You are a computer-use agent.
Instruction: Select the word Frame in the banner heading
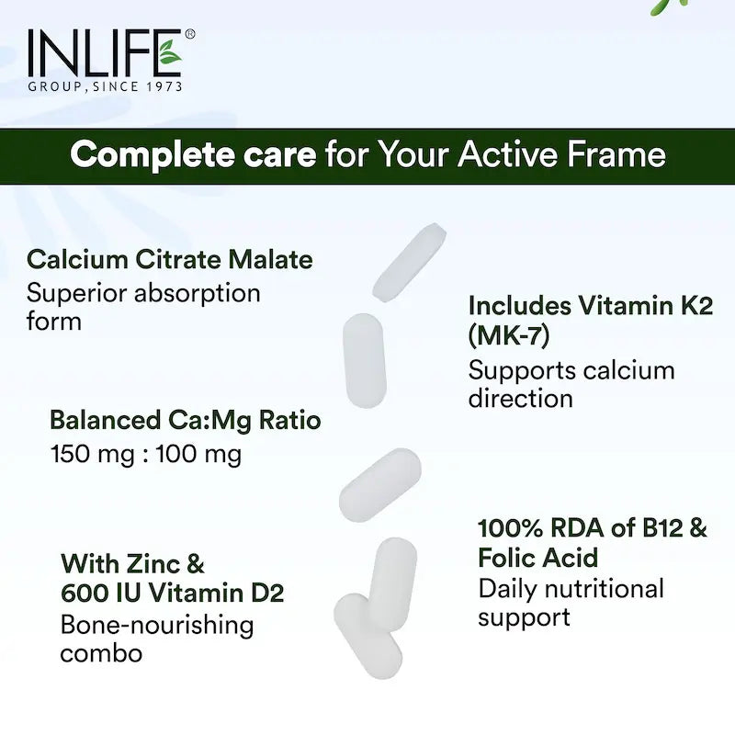point(619,153)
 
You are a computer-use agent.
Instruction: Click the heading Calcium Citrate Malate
point(170,259)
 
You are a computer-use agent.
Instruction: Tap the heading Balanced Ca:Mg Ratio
point(185,420)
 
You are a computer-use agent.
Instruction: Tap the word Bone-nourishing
point(156,626)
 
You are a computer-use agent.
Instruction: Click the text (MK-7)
point(509,335)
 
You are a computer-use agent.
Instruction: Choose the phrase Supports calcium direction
point(571,384)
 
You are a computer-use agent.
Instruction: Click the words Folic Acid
point(537,558)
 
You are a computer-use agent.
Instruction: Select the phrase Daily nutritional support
point(570,602)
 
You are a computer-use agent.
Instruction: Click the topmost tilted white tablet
point(409,261)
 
